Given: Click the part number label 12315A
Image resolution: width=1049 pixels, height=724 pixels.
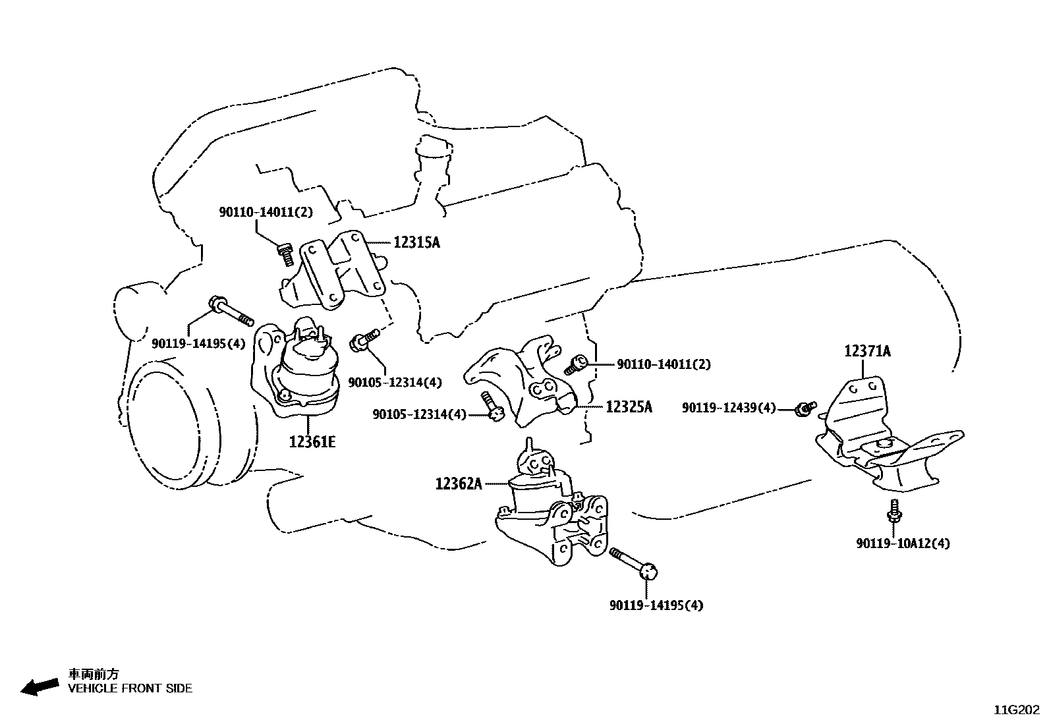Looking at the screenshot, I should coord(416,242).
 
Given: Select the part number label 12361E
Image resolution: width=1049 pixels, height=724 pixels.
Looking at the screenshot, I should coord(312,441).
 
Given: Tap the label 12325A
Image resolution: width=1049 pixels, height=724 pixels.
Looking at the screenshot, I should coord(629,407).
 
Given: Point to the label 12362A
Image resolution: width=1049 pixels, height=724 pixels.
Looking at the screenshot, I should coord(459,484).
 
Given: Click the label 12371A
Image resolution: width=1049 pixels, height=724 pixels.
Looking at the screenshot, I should coord(867,351).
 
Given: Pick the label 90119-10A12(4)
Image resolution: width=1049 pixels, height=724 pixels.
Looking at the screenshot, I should coord(903,543).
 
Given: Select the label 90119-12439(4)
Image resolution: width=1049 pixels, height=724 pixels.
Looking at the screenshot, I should coord(728,408).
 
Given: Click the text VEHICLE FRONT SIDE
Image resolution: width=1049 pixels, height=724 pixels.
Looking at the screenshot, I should coord(130,688).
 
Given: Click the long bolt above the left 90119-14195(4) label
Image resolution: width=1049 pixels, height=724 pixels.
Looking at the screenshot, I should coord(230,311).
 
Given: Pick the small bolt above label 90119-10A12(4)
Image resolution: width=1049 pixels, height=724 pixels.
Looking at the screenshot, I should coord(895,509).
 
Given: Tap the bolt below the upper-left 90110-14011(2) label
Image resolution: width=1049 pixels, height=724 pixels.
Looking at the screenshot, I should coord(285,254).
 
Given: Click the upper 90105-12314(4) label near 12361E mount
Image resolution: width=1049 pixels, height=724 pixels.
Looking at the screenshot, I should coord(395,383).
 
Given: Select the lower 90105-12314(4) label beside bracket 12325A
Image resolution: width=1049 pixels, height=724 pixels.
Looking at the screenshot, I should coord(419,414).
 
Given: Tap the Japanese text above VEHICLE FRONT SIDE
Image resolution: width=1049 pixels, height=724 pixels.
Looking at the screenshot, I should coord(94,674).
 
